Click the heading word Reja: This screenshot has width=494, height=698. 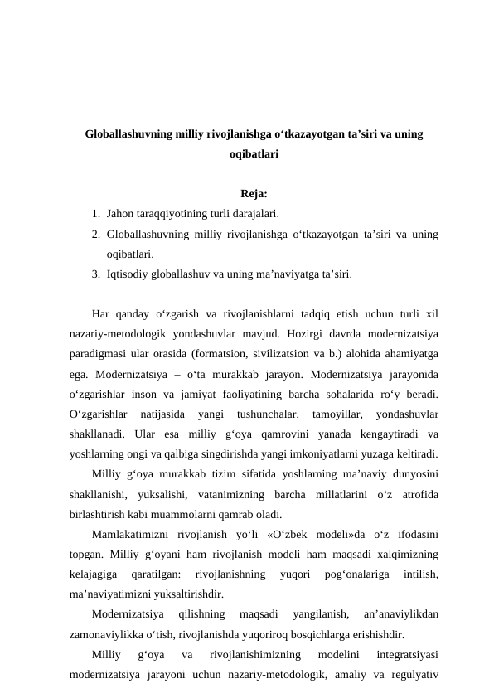[254, 195]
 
